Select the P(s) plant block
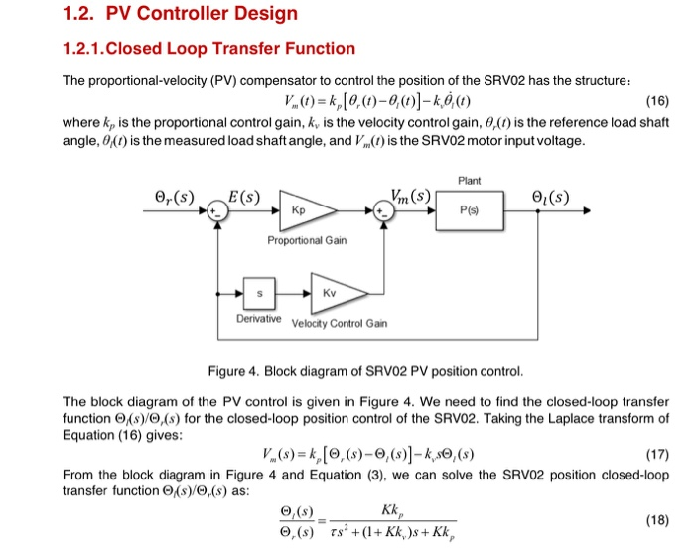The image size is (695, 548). tap(471, 210)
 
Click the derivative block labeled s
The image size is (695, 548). tap(260, 294)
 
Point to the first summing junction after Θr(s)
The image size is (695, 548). tap(215, 211)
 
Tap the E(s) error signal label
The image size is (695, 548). tap(244, 194)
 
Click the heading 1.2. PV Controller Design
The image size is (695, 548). tap(180, 14)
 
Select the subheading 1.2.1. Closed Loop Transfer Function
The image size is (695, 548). tap(208, 48)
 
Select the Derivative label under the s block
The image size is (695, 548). tap(259, 318)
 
